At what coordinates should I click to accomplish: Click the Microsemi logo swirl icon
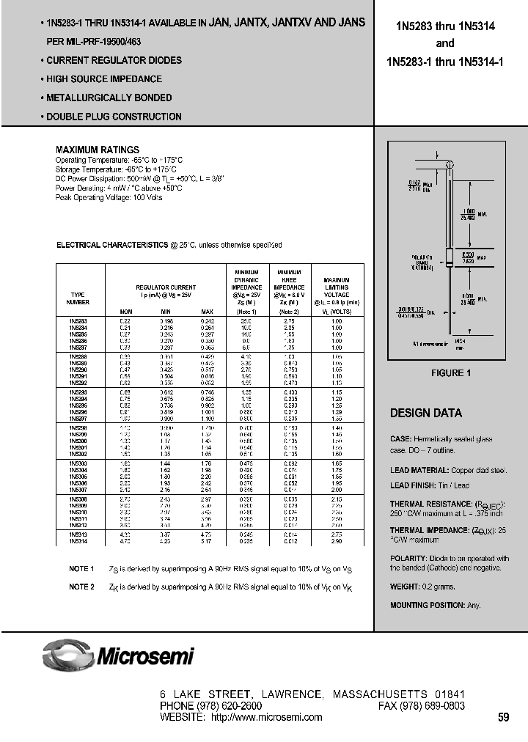pos(68,652)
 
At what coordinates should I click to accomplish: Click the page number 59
pos(503,718)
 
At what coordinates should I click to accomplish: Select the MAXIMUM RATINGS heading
pos(98,150)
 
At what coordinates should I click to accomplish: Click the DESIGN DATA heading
pos(425,413)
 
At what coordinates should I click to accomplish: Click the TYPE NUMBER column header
pos(78,297)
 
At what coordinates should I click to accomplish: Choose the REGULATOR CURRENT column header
pos(165,287)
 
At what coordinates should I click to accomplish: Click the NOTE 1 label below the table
pos(81,569)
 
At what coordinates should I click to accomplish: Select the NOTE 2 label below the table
pos(81,587)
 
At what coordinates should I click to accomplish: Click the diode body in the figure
pos(451,257)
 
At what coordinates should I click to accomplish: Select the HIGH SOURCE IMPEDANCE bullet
pos(103,79)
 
